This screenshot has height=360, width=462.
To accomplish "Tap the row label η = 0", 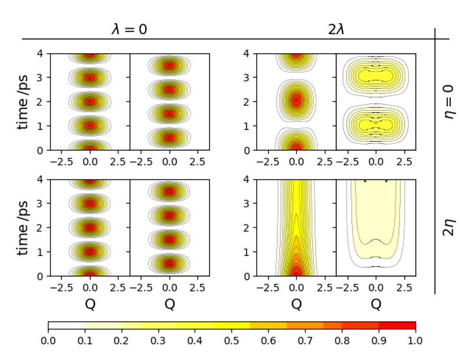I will [x=450, y=101].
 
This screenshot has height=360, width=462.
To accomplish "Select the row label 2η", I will [x=450, y=227].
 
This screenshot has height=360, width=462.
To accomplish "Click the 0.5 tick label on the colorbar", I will [x=232, y=341].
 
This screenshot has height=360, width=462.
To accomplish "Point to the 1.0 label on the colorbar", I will [x=415, y=341].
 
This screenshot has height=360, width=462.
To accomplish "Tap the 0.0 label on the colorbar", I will [x=48, y=341].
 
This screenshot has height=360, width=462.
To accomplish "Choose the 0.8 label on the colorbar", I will [x=342, y=341].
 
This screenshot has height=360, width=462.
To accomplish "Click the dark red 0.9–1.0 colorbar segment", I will [x=397, y=325].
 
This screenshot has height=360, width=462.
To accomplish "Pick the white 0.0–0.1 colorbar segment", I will [x=66, y=325].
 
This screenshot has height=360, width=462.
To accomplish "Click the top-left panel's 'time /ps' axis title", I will [x=24, y=102].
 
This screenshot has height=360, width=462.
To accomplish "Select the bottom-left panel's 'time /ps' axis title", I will [x=24, y=227].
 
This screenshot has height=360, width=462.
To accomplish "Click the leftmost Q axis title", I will [x=90, y=304].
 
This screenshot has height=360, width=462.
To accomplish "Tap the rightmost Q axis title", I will [x=376, y=304].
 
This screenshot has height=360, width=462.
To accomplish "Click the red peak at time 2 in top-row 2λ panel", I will [x=296, y=100].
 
